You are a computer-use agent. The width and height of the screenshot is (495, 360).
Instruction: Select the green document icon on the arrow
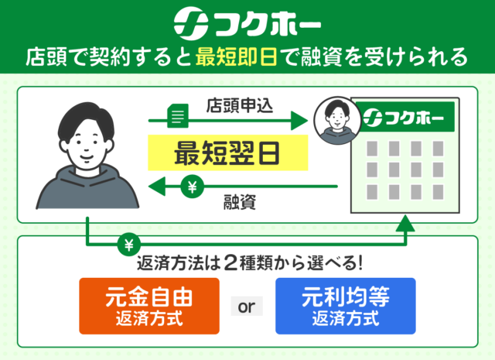coord(176,118)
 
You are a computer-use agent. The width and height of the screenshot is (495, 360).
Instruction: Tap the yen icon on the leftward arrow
coord(191,187)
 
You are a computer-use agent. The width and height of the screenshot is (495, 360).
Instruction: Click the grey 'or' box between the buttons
coord(247,307)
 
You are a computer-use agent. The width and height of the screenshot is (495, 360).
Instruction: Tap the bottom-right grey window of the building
coord(439,189)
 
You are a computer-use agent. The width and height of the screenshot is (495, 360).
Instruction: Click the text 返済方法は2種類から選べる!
coord(248,262)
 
